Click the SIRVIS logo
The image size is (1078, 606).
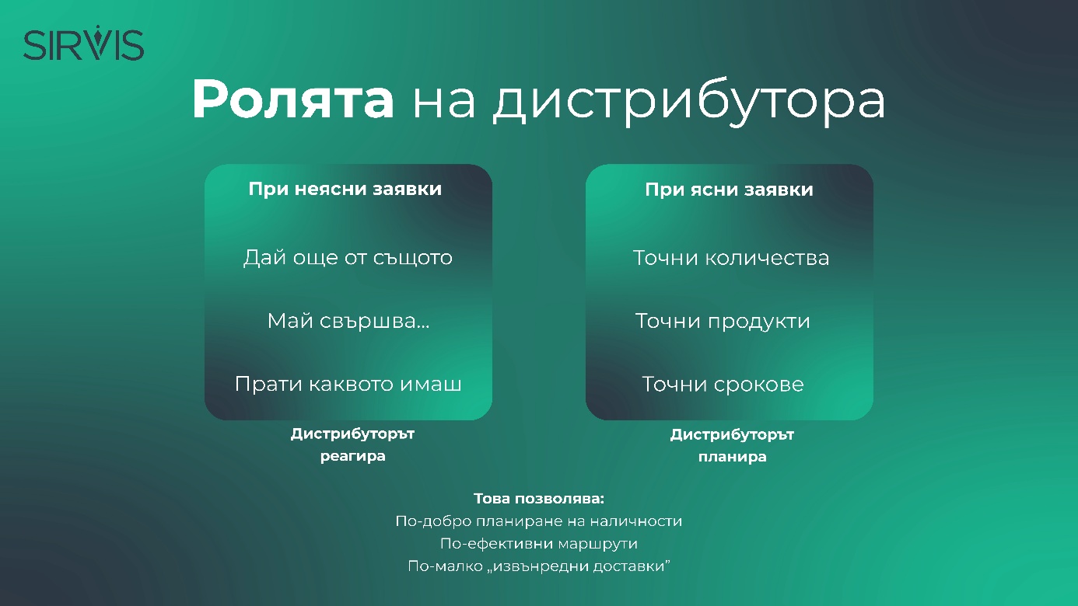click(x=84, y=43)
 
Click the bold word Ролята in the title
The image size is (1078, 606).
click(x=293, y=99)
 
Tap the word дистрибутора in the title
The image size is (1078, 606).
click(x=689, y=102)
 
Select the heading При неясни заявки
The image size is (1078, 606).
click(x=345, y=189)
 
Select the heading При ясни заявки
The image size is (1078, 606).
click(x=729, y=190)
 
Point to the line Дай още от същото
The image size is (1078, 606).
click(x=348, y=258)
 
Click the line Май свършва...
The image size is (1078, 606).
click(x=348, y=321)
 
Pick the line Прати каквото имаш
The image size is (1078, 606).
click(x=348, y=384)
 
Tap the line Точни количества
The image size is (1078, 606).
click(x=731, y=258)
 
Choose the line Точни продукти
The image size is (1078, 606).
click(x=723, y=321)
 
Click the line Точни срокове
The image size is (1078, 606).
click(x=723, y=385)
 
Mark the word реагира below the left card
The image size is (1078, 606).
click(x=353, y=456)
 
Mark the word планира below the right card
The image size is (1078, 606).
click(x=733, y=457)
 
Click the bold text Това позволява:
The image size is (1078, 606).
click(x=539, y=499)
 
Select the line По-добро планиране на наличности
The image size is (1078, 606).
click(x=539, y=521)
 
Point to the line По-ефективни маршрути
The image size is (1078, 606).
click(x=539, y=544)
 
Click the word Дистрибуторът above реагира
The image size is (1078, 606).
click(x=353, y=434)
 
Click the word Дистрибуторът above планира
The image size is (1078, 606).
click(x=733, y=435)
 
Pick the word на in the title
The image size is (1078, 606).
click(x=444, y=103)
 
